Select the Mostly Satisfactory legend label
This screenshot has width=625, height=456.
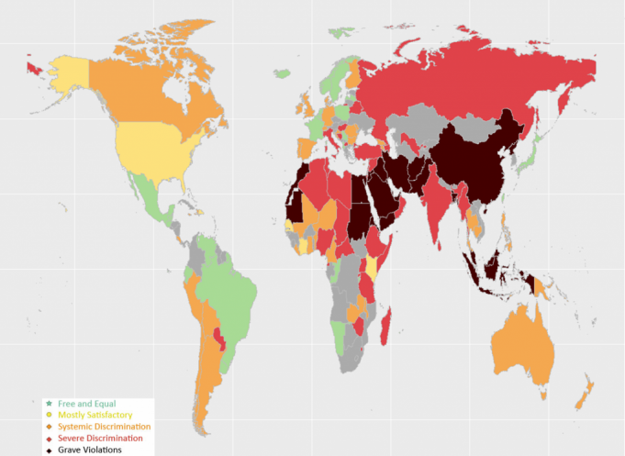[95, 416]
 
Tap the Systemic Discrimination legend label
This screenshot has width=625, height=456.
[104, 428]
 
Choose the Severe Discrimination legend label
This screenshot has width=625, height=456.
[100, 439]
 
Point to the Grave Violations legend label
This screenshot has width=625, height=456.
[89, 450]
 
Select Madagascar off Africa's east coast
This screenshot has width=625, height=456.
[389, 326]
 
